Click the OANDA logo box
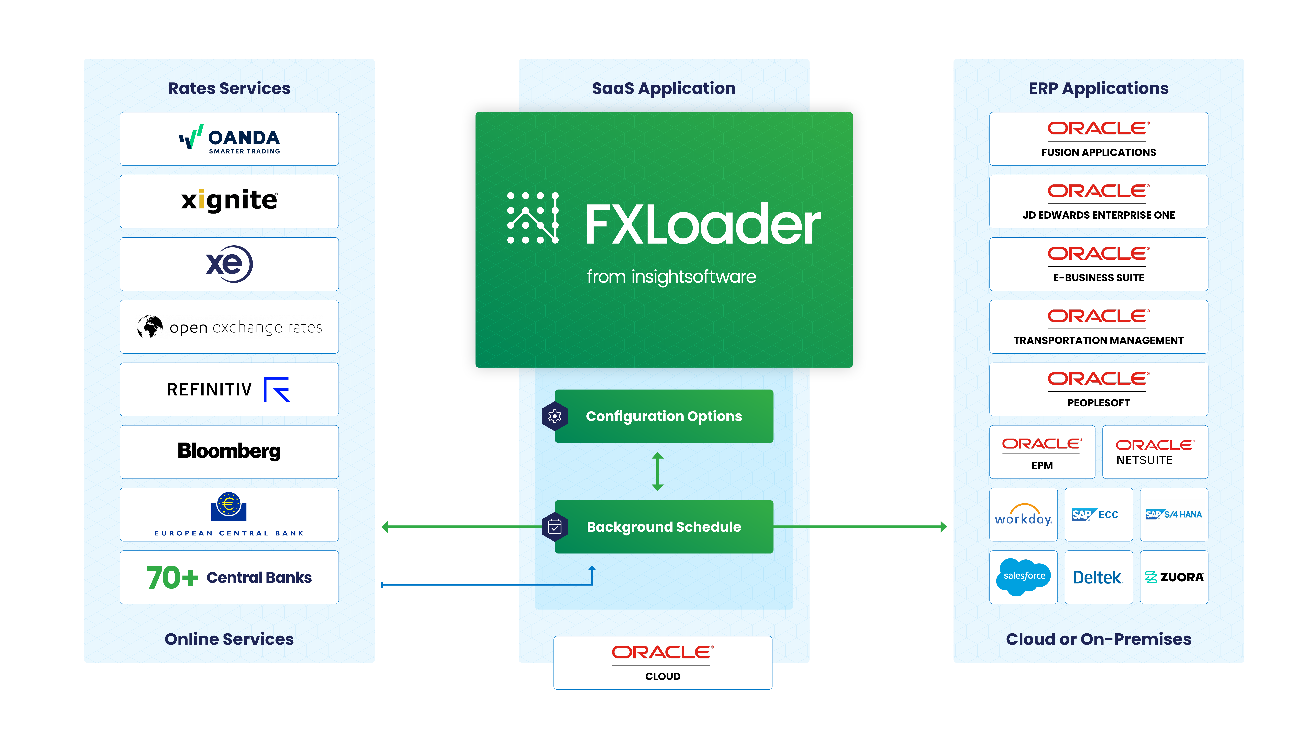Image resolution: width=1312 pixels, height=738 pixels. coord(229,139)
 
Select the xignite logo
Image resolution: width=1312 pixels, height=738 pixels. coord(229,200)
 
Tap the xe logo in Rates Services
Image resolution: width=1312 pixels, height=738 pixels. coord(229,264)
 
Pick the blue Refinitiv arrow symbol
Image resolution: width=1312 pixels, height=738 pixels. coord(277,390)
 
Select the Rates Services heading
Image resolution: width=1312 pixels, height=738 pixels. coord(229,88)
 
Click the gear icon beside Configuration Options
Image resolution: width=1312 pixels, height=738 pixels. coord(555,416)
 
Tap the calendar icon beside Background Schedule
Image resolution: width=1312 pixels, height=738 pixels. coord(555,527)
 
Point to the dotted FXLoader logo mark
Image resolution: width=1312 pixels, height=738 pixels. coord(533,218)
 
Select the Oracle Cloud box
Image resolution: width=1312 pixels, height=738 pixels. coord(663,663)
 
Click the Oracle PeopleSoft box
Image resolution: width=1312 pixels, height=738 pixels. coord(1099,390)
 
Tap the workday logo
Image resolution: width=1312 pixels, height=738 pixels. coord(1023,515)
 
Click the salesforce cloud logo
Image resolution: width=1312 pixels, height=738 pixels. coord(1023,577)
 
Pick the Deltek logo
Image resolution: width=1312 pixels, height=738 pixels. coord(1098,578)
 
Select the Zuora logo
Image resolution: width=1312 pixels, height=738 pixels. coord(1174,578)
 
